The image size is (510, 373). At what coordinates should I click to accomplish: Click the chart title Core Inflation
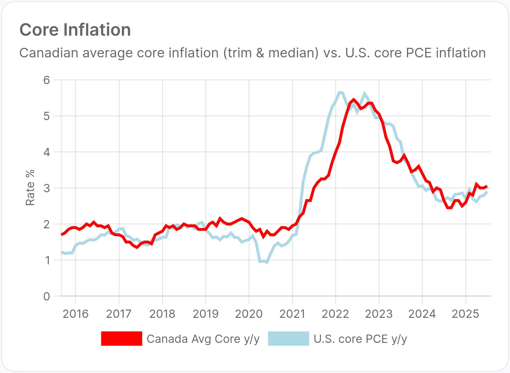tap(75, 30)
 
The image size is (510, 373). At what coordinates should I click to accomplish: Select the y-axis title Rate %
tap(30, 188)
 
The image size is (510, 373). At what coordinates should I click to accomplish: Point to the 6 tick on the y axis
tap(47, 80)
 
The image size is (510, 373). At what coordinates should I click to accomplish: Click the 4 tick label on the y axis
tap(47, 152)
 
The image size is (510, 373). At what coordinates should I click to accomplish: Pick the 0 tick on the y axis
tap(47, 296)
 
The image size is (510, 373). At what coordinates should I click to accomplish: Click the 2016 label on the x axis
tap(75, 314)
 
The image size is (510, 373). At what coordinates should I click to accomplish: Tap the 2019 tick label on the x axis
tap(206, 314)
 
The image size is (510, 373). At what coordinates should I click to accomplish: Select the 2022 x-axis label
tap(336, 314)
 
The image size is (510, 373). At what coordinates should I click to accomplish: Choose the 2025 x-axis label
tap(465, 314)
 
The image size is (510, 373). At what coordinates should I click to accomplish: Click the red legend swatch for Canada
tap(122, 339)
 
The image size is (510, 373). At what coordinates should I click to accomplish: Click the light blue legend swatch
tap(288, 339)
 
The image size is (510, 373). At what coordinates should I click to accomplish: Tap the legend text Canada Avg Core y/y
tap(203, 339)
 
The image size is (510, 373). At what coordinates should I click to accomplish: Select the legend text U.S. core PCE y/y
tap(360, 339)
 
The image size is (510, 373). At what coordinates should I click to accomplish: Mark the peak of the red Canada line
tap(354, 100)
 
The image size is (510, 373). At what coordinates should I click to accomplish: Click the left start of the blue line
tap(62, 252)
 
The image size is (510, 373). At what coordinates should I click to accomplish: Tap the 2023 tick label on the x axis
tap(379, 314)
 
